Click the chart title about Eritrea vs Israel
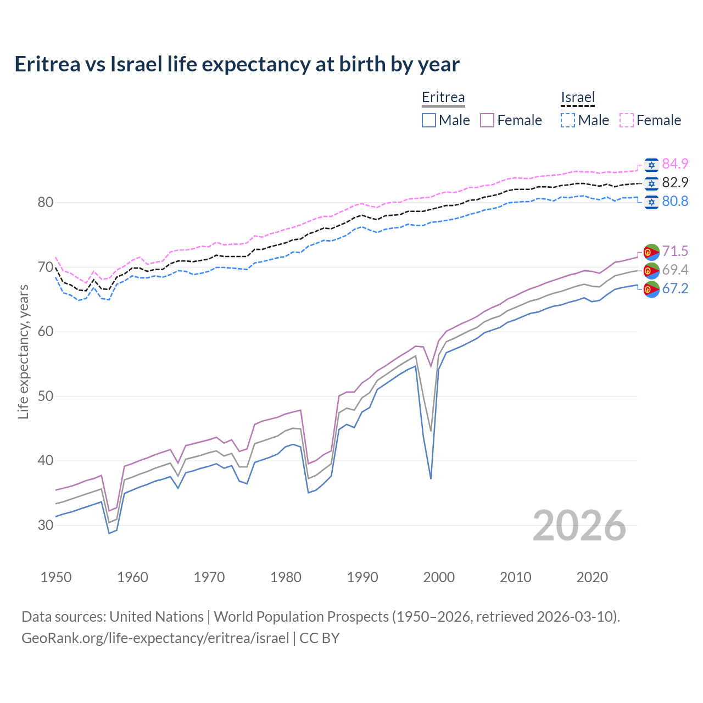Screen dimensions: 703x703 tap(237, 64)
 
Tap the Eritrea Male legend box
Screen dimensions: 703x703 tap(429, 120)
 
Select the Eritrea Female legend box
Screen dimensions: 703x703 tap(488, 120)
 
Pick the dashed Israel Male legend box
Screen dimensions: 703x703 tap(568, 120)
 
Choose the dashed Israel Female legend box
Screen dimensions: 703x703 tap(627, 120)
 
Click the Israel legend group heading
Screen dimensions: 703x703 tap(578, 98)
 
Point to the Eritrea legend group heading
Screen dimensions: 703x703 tap(443, 98)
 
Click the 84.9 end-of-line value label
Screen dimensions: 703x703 tap(675, 164)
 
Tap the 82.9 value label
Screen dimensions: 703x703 tap(675, 182)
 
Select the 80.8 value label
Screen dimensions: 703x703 tap(675, 201)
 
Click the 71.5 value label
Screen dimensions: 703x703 tap(675, 251)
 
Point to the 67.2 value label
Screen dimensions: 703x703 tap(675, 288)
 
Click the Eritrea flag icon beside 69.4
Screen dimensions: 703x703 tap(651, 270)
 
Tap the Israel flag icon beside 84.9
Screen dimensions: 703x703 tap(651, 164)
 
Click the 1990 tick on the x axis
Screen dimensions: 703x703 tap(362, 577)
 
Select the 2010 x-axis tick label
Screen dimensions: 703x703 tap(515, 577)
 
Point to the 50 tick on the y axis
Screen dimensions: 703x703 tap(46, 397)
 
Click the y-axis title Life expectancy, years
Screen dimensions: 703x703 tap(24, 351)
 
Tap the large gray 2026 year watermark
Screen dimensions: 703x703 tap(579, 526)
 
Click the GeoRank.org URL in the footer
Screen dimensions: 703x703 tap(155, 638)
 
